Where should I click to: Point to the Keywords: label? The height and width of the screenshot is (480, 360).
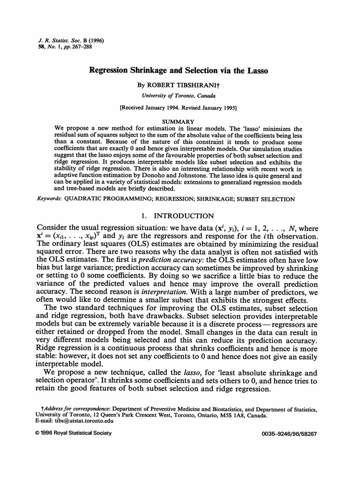point(48,199)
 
